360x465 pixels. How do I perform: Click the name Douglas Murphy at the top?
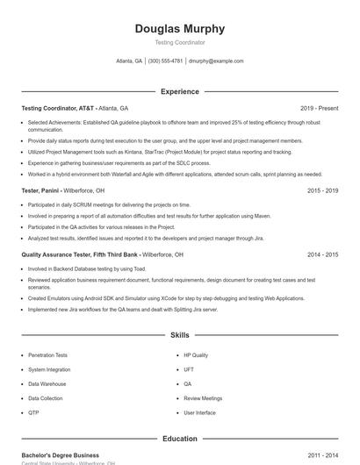tap(179, 29)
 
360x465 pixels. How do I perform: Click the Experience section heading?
tap(179, 91)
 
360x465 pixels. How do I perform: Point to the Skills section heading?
tap(179, 335)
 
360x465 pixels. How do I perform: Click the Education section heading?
tap(179, 439)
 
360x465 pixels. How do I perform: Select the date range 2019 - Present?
tap(319, 108)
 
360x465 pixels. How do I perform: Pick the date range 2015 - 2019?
tap(322, 190)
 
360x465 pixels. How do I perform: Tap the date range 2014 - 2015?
tap(322, 254)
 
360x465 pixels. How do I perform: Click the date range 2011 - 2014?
tap(322, 455)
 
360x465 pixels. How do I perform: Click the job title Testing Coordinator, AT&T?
tap(58, 108)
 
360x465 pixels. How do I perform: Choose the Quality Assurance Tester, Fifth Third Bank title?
tap(80, 254)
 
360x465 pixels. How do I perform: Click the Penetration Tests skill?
tap(47, 355)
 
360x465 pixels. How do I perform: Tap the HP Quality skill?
tap(196, 355)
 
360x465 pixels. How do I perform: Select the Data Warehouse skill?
tap(47, 383)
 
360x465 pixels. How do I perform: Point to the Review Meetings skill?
tap(203, 397)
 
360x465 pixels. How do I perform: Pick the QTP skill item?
tap(33, 411)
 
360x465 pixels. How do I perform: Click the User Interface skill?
tap(199, 411)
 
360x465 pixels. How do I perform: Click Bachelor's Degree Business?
tap(61, 455)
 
